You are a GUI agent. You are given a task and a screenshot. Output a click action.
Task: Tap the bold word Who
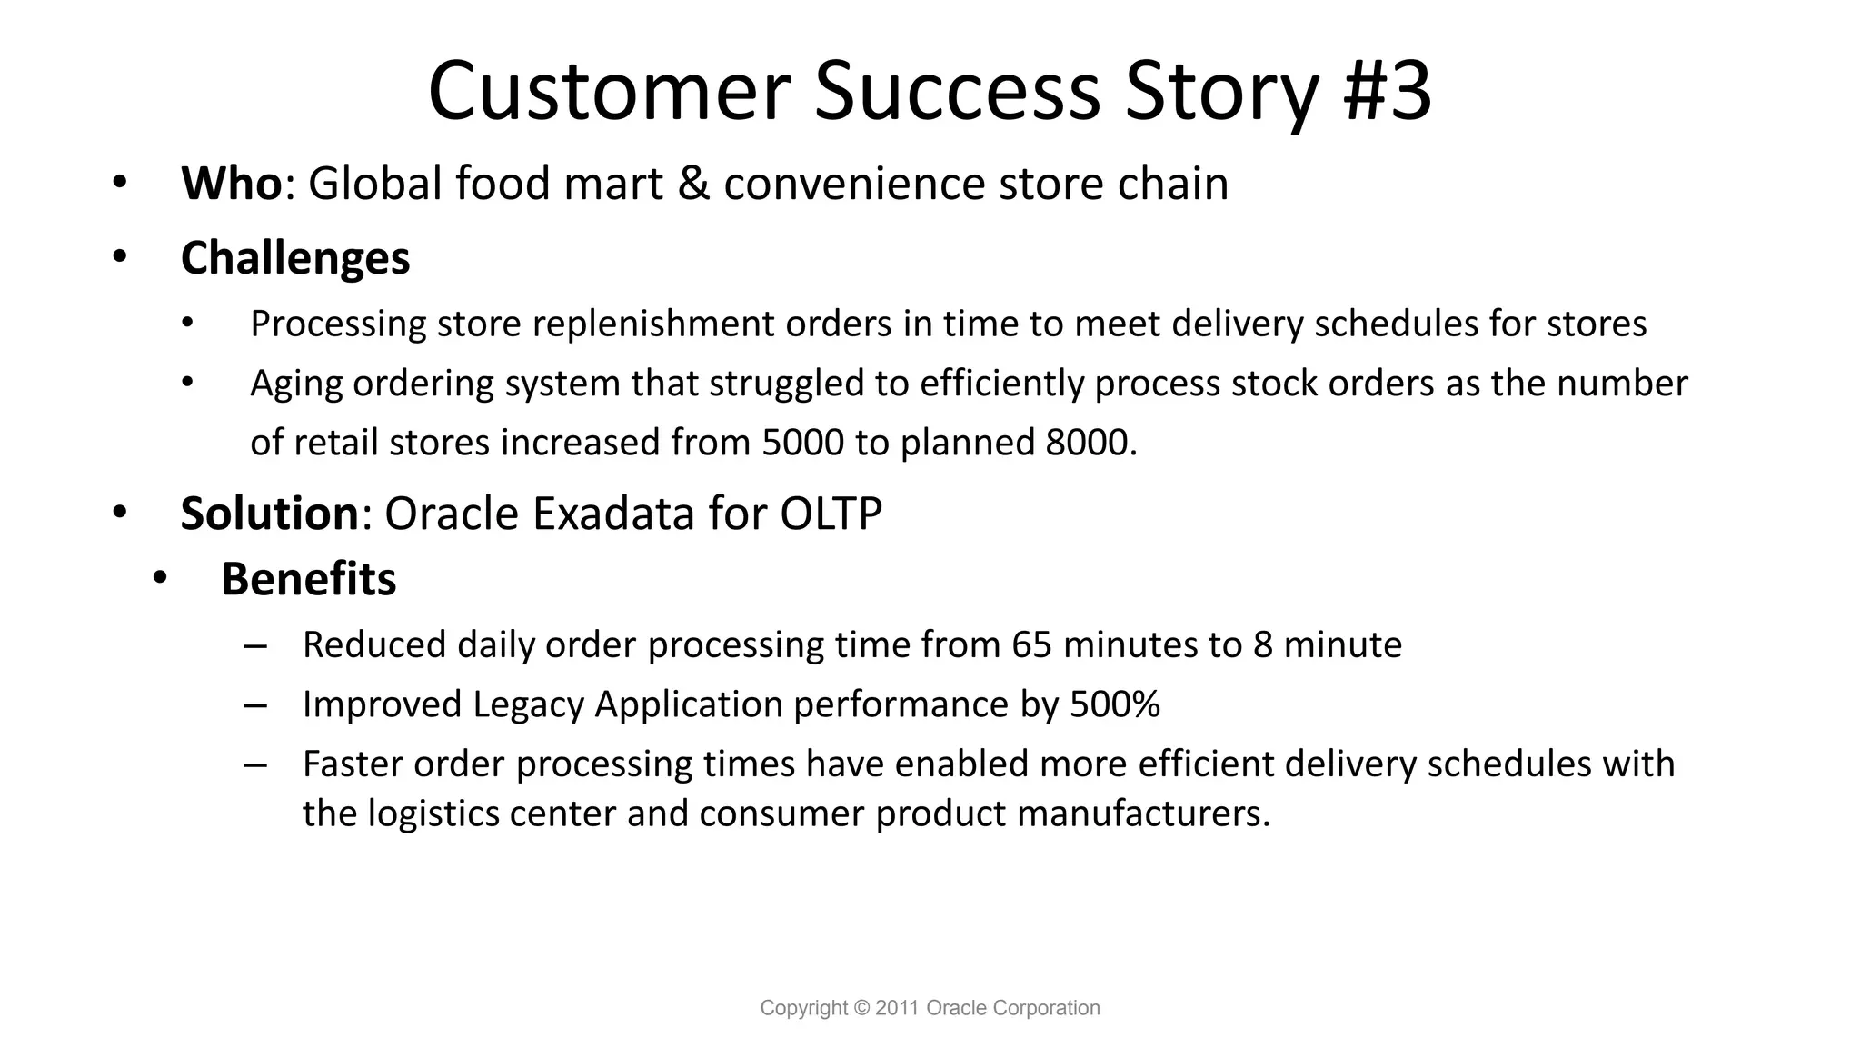coord(231,184)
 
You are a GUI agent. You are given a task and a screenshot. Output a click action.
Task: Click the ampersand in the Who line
coord(693,184)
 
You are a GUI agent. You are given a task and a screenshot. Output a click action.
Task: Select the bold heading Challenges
coord(295,258)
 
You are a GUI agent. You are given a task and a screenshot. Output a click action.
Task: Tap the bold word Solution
coord(269,514)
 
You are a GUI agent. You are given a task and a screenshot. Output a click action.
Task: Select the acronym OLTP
coord(831,514)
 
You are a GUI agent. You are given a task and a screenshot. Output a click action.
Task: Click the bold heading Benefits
coord(309,579)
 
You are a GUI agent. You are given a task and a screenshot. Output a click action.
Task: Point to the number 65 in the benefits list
coord(1031,645)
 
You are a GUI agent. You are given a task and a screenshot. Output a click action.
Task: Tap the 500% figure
coord(1115,704)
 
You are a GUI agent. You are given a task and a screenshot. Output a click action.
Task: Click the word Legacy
coord(528,705)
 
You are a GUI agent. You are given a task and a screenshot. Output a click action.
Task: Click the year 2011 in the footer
coord(898,1008)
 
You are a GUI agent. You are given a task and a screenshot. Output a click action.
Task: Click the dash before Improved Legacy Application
coord(255,705)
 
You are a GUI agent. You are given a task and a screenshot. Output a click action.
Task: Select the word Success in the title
coord(957,91)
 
